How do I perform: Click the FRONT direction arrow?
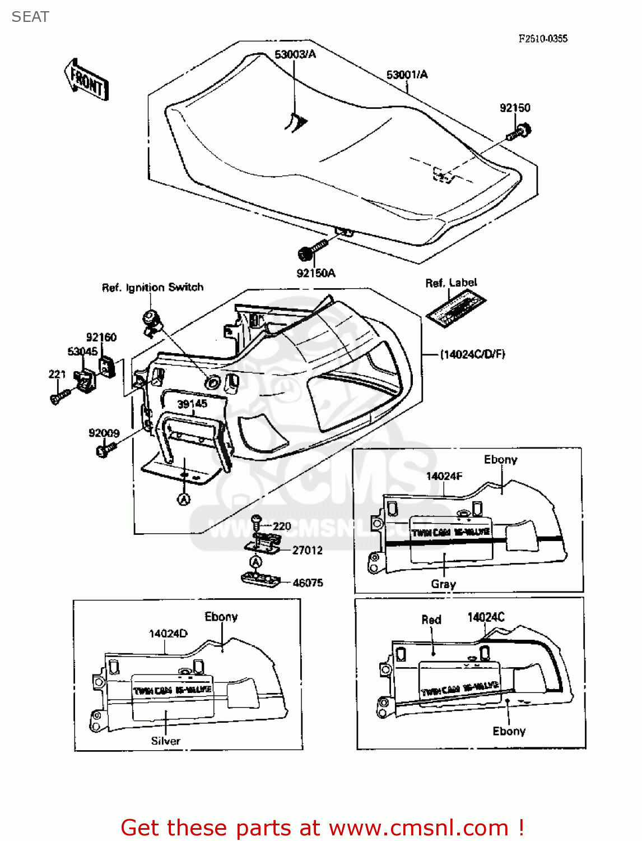pyautogui.click(x=86, y=81)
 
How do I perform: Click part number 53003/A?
pyautogui.click(x=295, y=54)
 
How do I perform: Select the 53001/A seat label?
pyautogui.click(x=407, y=75)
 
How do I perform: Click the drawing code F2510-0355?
pyautogui.click(x=543, y=38)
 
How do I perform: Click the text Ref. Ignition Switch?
pyautogui.click(x=152, y=288)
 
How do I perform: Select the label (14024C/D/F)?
pyautogui.click(x=472, y=354)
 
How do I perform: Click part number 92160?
pyautogui.click(x=101, y=337)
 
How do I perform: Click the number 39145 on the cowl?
pyautogui.click(x=192, y=404)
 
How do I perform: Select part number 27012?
pyautogui.click(x=308, y=550)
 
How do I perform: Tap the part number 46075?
pyautogui.click(x=308, y=583)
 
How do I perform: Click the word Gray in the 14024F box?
pyautogui.click(x=443, y=584)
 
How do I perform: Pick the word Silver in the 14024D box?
pyautogui.click(x=166, y=741)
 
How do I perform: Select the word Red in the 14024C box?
pyautogui.click(x=431, y=620)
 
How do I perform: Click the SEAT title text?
pyautogui.click(x=30, y=17)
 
